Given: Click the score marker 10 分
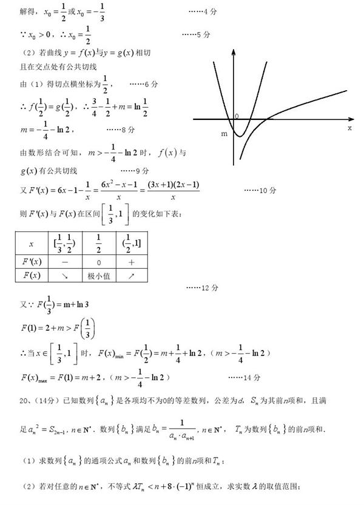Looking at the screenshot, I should (263, 190).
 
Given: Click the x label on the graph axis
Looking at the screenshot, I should (349, 128).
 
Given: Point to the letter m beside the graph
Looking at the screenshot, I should (224, 134).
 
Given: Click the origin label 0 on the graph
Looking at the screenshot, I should (237, 115).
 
